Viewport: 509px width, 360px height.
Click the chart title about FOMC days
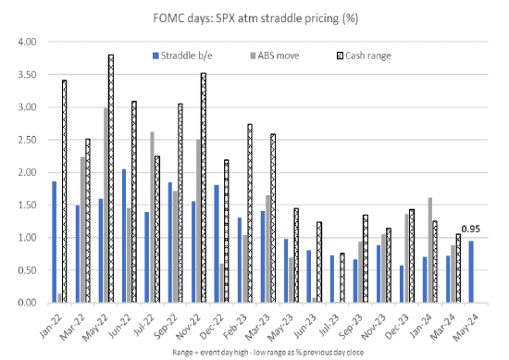click(255, 19)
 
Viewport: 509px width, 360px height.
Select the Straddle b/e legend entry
click(182, 56)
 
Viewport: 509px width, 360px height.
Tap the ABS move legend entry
click(275, 56)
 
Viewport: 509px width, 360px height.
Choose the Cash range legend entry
click(365, 56)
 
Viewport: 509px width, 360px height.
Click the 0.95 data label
click(470, 230)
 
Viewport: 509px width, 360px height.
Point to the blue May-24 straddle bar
click(471, 272)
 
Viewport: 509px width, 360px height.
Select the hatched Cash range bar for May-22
click(111, 179)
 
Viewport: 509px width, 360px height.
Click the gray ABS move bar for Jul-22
click(153, 217)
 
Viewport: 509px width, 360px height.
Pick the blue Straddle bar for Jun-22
click(124, 236)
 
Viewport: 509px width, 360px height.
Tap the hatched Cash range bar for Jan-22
click(64, 192)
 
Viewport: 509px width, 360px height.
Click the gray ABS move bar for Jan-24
click(430, 250)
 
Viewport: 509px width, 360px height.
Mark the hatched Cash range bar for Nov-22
click(204, 188)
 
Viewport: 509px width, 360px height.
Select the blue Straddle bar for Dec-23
click(402, 284)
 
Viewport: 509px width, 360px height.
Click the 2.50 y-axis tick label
click(27, 140)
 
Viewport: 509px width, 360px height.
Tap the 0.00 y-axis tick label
click(27, 303)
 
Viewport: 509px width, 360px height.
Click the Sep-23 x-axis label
click(351, 327)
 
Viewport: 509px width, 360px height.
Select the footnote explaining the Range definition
click(267, 353)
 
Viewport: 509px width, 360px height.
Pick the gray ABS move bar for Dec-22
click(222, 283)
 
